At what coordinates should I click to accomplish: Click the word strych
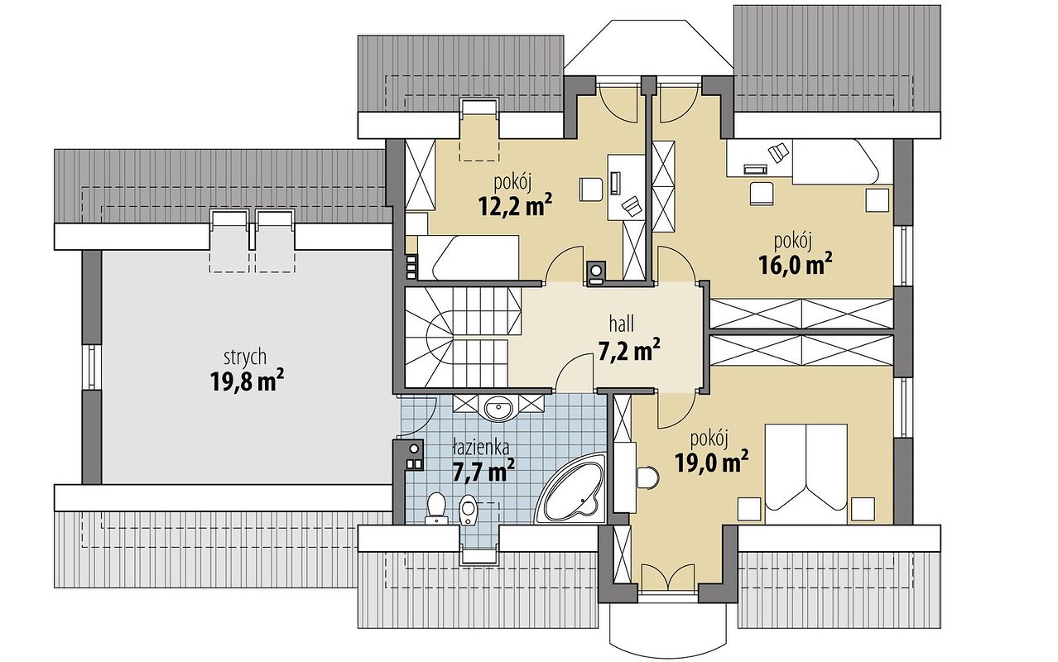(244, 357)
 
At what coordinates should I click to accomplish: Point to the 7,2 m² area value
(628, 352)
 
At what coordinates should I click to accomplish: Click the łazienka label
(481, 447)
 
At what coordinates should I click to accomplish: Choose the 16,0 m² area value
(795, 264)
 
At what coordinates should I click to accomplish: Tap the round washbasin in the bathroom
(499, 406)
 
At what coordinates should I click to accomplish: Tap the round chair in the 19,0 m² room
(647, 477)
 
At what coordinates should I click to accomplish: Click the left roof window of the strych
(229, 240)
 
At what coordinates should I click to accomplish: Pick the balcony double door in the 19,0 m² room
(669, 579)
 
